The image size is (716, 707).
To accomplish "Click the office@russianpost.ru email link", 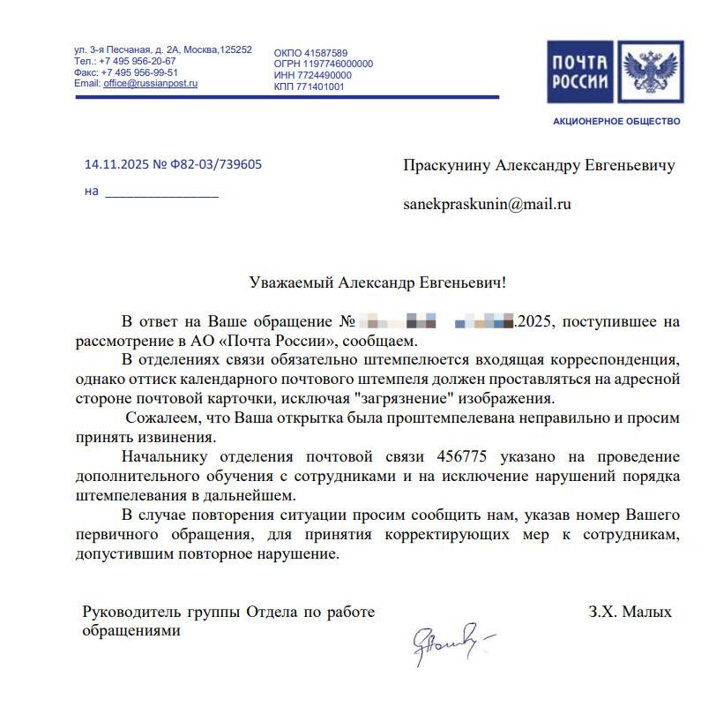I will pyautogui.click(x=150, y=84).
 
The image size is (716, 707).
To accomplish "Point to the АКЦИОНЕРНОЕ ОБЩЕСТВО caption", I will pyautogui.click(x=616, y=120).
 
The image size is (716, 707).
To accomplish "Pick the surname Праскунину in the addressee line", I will pyautogui.click(x=446, y=165).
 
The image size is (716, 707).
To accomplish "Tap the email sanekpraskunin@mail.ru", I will pyautogui.click(x=488, y=205).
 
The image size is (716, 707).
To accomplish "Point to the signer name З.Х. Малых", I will pyautogui.click(x=630, y=612).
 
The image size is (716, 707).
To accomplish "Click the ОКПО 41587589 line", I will pyautogui.click(x=310, y=53).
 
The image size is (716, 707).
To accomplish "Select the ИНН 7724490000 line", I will pyautogui.click(x=313, y=75).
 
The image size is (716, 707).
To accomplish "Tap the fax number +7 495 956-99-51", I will pyautogui.click(x=139, y=72).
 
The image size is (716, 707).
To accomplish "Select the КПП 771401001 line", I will pyautogui.click(x=310, y=86).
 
